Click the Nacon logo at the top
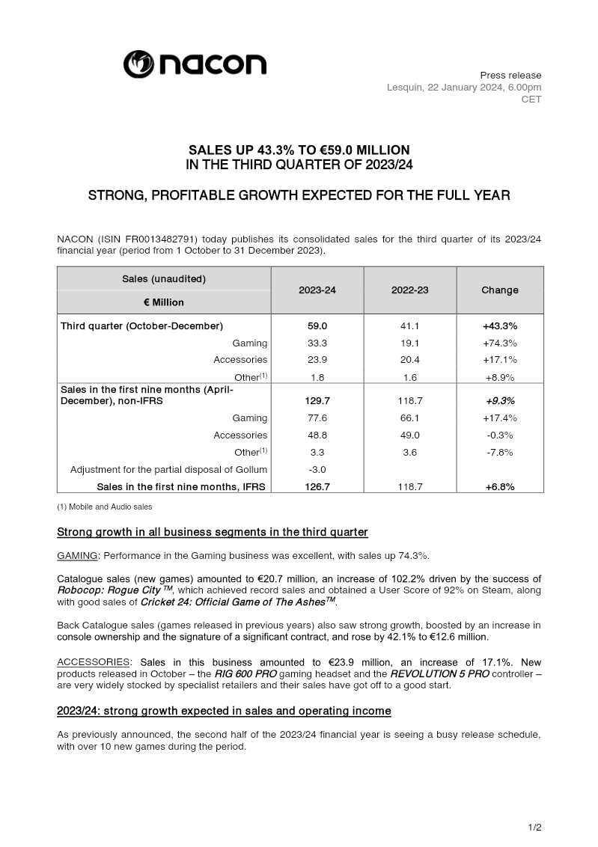[195, 64]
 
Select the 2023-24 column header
[317, 290]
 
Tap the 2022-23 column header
[409, 290]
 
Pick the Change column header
[500, 290]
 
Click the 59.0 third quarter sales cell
[317, 326]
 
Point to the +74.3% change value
[500, 343]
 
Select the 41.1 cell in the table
[409, 326]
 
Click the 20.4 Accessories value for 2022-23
[409, 360]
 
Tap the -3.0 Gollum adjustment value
[317, 470]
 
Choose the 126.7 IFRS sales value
[317, 486]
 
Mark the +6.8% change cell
[500, 486]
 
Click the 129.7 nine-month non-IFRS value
[317, 401]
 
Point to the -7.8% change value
[500, 452]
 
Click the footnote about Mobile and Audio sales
[105, 507]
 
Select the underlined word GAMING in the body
[77, 556]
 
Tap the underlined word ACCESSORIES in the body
[94, 663]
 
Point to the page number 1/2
[534, 827]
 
